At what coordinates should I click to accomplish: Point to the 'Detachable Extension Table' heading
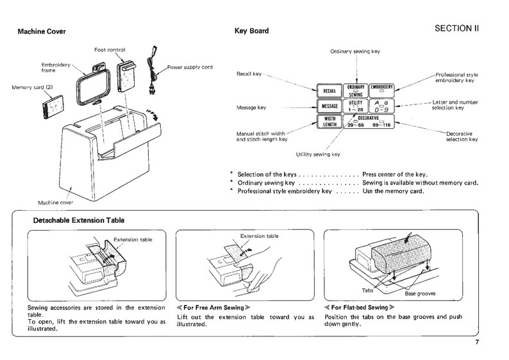(78, 221)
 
